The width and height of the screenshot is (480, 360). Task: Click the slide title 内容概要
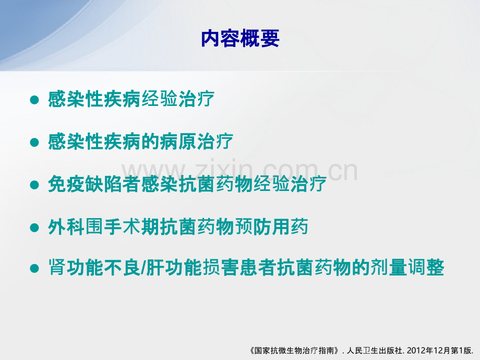pyautogui.click(x=240, y=38)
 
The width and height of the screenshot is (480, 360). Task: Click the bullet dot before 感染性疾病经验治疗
pyautogui.click(x=34, y=100)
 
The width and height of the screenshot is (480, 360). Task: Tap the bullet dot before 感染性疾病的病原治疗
pyautogui.click(x=34, y=142)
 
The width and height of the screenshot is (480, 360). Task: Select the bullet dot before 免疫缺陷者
pyautogui.click(x=34, y=185)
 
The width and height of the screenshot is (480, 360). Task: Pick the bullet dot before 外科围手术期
pyautogui.click(x=34, y=227)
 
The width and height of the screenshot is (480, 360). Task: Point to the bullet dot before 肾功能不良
pyautogui.click(x=34, y=268)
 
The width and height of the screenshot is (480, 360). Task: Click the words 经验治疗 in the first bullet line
pyautogui.click(x=178, y=99)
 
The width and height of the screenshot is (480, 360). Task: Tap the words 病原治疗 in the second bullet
pyautogui.click(x=197, y=142)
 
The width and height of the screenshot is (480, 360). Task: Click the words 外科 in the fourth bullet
pyautogui.click(x=66, y=227)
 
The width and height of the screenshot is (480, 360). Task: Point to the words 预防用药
pyautogui.click(x=271, y=227)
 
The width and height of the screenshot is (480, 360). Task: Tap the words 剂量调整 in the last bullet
pyautogui.click(x=407, y=268)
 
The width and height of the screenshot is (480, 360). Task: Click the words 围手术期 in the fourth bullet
pyautogui.click(x=122, y=227)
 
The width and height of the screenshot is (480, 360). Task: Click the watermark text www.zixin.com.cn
pyautogui.click(x=239, y=170)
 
